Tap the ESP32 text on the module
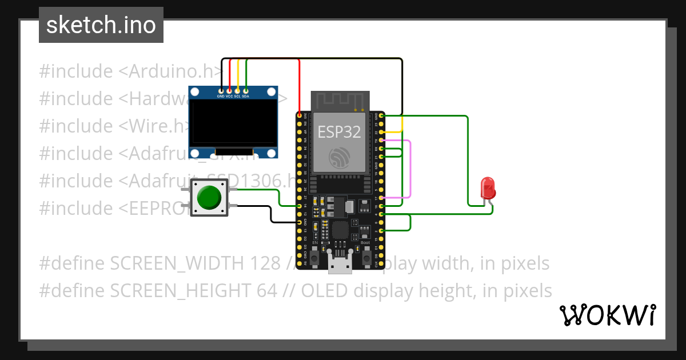[x=340, y=132]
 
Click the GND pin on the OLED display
[x=221, y=90]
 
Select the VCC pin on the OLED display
[x=229, y=90]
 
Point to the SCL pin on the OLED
[x=237, y=90]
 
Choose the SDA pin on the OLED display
[x=246, y=90]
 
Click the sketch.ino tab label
[x=101, y=25]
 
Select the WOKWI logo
[x=607, y=315]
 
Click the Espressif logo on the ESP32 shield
[x=340, y=157]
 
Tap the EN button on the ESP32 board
[x=315, y=249]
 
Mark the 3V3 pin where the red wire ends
[x=299, y=115]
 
